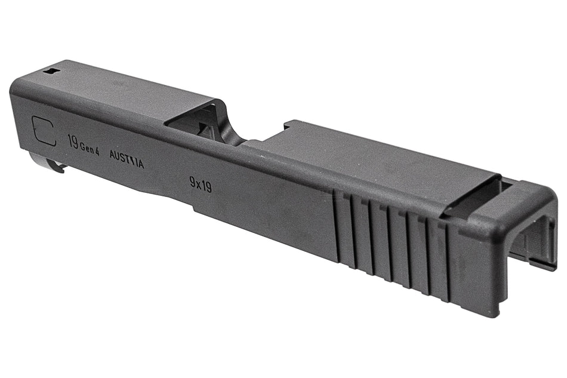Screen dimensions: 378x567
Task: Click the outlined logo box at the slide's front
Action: click(44, 131)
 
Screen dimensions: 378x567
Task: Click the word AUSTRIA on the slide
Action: click(127, 159)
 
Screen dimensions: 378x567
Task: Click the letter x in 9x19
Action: click(200, 184)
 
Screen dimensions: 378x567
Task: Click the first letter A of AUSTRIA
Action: click(113, 155)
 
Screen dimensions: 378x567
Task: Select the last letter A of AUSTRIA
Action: click(140, 164)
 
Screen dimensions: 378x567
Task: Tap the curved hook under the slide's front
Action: click(51, 164)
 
